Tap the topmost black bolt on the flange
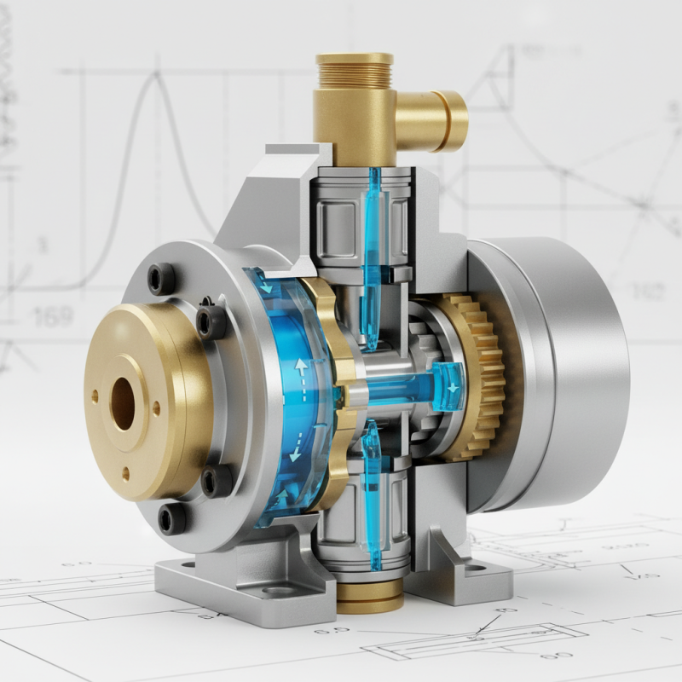tap(161, 278)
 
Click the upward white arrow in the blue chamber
tap(301, 368)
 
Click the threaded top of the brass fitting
tap(354, 68)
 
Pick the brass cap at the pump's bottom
tap(369, 597)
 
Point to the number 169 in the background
tap(53, 318)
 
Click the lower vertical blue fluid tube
tap(373, 494)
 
